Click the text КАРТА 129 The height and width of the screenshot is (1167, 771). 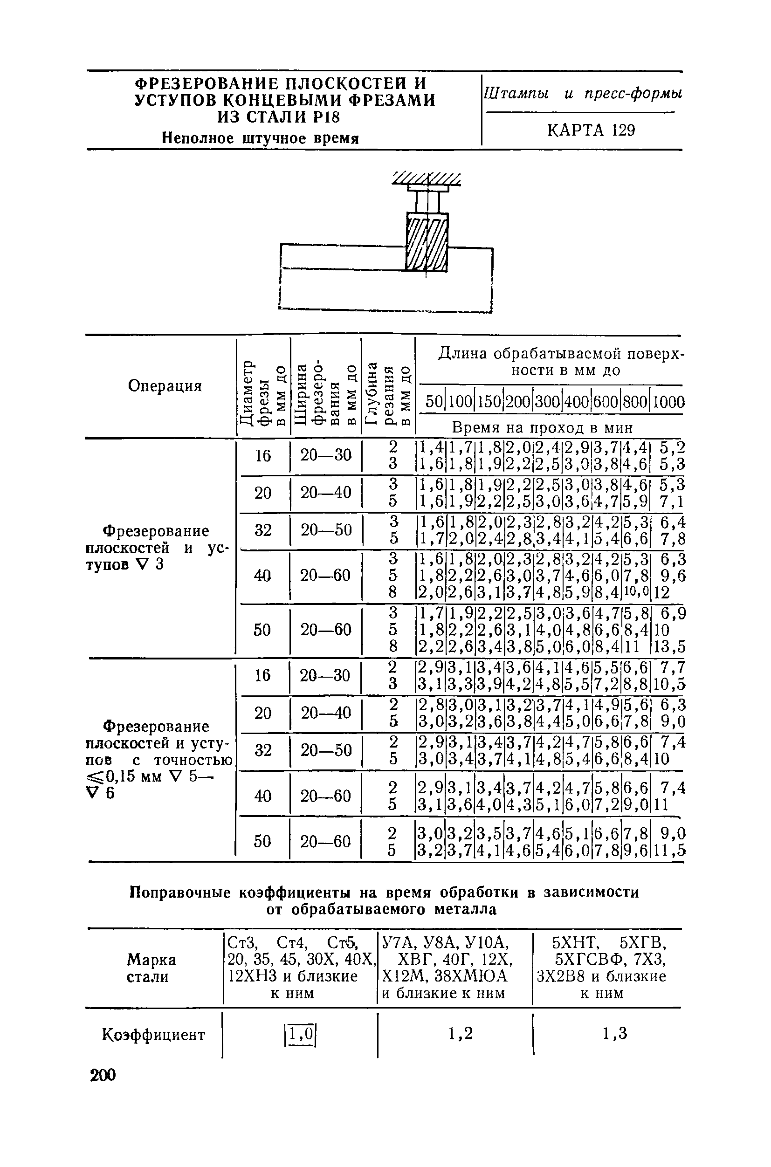(591, 130)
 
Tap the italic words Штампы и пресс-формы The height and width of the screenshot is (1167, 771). (583, 93)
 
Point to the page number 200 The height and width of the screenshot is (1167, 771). (102, 1075)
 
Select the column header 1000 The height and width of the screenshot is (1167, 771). (669, 402)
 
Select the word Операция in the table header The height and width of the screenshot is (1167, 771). (165, 386)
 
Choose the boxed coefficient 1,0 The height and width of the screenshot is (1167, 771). (299, 1035)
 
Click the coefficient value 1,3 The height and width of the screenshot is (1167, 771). (615, 1034)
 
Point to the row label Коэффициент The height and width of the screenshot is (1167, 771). (153, 1035)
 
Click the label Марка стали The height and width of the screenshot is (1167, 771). (151, 968)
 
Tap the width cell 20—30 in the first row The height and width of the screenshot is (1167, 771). (325, 455)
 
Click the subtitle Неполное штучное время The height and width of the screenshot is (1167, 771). (261, 138)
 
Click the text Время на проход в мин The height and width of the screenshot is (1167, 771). (542, 427)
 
